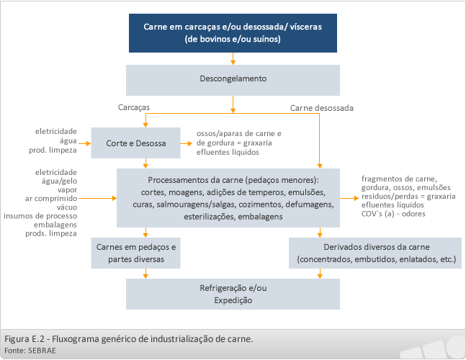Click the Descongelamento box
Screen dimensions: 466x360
tap(233, 80)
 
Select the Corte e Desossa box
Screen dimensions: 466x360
tap(135, 143)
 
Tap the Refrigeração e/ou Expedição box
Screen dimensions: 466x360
tap(233, 294)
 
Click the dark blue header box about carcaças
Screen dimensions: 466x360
tap(233, 33)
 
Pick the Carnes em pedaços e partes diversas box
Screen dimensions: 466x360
tap(135, 253)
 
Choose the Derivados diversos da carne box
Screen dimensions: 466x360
tap(375, 253)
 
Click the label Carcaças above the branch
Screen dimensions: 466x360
tap(134, 107)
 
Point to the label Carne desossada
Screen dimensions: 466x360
tap(321, 108)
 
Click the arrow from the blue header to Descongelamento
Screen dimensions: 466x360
tap(233, 58)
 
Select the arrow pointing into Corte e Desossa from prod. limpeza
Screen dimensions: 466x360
tap(85, 143)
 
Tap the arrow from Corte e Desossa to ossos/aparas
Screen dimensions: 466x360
tap(187, 143)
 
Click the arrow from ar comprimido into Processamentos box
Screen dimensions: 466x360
tap(97, 198)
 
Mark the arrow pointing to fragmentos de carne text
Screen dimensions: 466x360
tap(349, 198)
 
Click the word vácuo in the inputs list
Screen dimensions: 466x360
tap(67, 207)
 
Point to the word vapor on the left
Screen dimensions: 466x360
tap(67, 190)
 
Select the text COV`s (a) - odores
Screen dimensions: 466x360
tap(393, 214)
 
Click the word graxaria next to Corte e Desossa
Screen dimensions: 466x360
tap(257, 143)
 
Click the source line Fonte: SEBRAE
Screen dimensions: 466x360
tap(30, 351)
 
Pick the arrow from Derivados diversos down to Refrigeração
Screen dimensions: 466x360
tap(320, 274)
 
